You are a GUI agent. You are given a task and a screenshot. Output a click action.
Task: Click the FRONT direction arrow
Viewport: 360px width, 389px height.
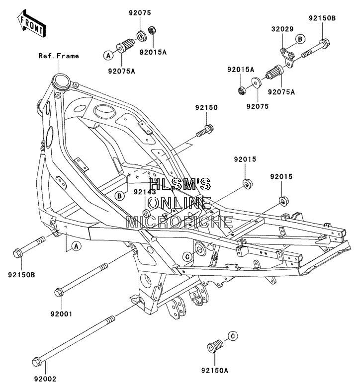(31, 23)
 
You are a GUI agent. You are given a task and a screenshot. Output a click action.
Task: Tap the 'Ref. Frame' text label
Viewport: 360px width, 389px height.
(59, 56)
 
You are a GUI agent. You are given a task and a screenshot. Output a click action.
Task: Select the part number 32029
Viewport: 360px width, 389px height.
(282, 29)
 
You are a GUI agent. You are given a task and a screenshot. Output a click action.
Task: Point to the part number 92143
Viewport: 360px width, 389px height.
(145, 192)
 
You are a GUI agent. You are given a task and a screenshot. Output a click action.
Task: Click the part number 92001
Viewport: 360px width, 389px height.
(61, 314)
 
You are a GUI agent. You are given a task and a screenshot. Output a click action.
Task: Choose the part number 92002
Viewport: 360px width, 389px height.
(45, 379)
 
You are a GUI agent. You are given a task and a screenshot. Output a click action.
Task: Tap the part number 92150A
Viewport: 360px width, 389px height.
(215, 371)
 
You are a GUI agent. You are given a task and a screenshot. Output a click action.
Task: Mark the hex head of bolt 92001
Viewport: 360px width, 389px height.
(59, 292)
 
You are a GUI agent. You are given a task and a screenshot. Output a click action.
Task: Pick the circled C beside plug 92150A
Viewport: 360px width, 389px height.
(233, 336)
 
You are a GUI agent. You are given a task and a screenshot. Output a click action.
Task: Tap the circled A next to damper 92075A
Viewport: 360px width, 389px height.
(108, 56)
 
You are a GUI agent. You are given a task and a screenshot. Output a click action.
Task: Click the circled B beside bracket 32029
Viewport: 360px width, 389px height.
(300, 39)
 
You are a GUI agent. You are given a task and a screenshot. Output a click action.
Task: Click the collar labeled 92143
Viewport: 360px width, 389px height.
(146, 213)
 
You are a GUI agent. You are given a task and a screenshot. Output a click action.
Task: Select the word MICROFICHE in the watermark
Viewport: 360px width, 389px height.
(180, 222)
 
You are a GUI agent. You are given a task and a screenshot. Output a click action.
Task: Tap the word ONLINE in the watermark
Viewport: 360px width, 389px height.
(180, 203)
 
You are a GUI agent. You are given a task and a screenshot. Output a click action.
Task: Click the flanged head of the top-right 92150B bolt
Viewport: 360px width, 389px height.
(325, 42)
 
